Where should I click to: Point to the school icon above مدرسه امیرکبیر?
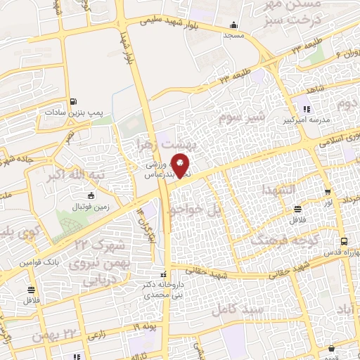point(307,108)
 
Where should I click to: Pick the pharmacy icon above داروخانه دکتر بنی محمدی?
point(164,274)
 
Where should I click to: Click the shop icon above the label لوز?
point(328,192)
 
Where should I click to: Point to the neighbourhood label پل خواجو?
point(188,209)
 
